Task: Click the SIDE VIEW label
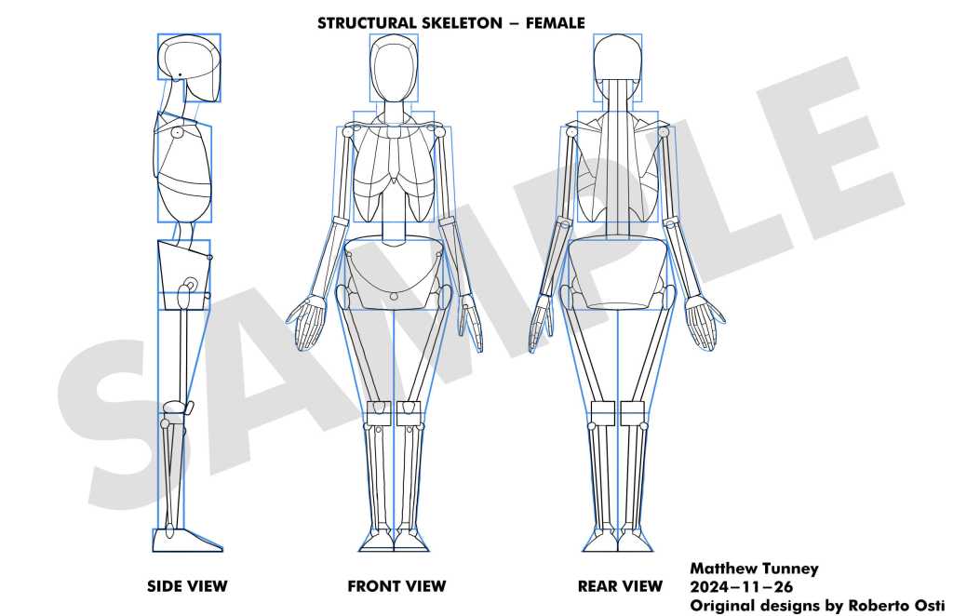(x=187, y=586)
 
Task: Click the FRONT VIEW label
(x=396, y=586)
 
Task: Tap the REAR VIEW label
(x=620, y=586)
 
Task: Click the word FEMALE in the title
(x=556, y=22)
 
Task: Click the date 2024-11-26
(x=742, y=586)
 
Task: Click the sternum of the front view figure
(x=395, y=149)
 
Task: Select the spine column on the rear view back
(x=618, y=158)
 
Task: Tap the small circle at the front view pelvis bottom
(x=394, y=296)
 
